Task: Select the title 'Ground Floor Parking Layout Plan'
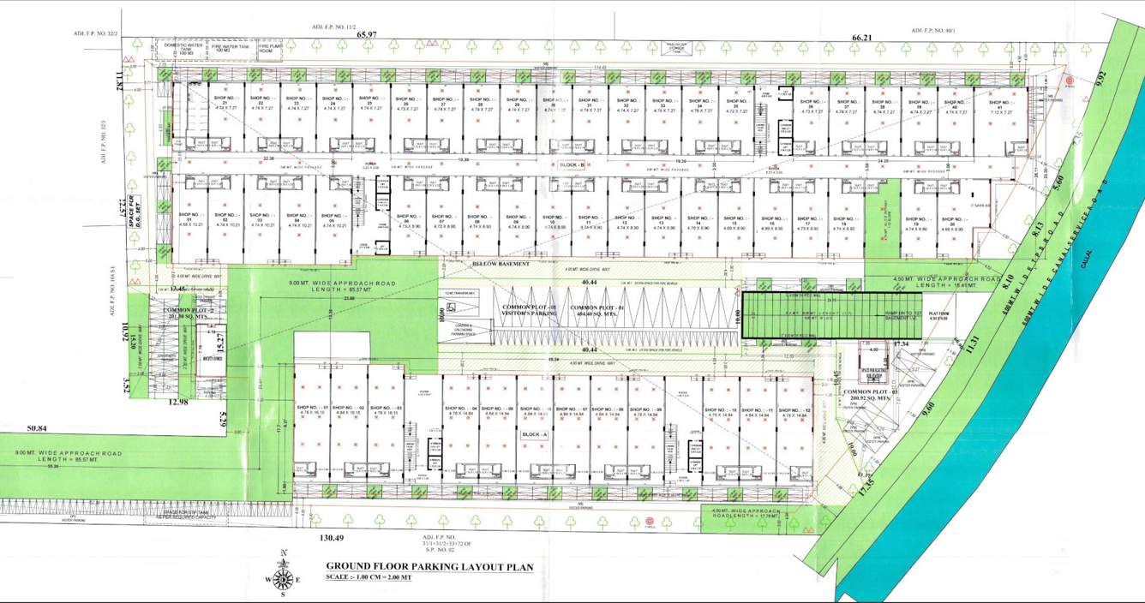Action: click(429, 566)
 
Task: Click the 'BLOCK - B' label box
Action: click(570, 164)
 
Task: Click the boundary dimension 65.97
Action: click(367, 34)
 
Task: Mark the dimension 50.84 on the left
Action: click(36, 427)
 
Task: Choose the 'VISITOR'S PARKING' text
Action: click(530, 313)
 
